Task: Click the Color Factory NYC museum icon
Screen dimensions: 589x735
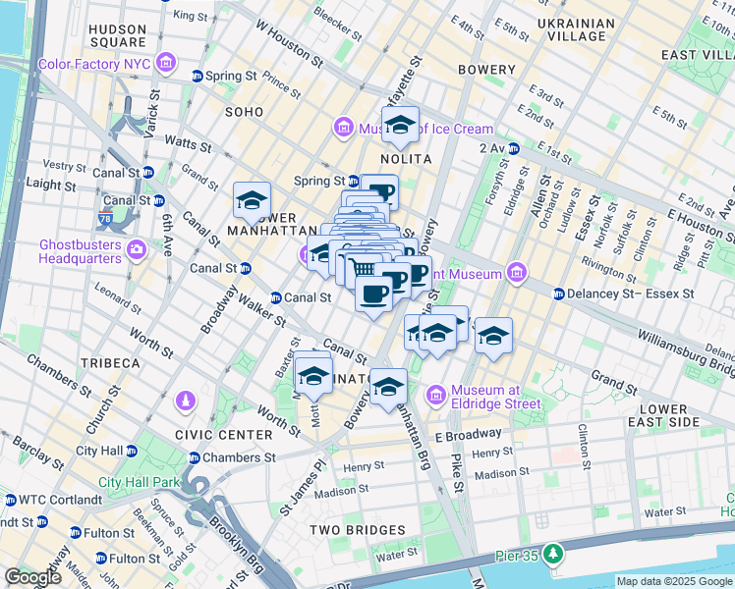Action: (167, 65)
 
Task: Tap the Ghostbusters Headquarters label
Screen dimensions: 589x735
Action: (81, 251)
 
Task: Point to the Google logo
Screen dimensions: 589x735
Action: (32, 577)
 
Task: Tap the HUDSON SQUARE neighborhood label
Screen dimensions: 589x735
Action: (117, 35)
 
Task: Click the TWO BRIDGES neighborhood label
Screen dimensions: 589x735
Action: (358, 530)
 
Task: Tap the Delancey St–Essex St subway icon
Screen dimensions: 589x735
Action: (559, 293)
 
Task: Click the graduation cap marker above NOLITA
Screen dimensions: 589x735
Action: (400, 126)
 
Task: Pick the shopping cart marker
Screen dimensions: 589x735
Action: (364, 268)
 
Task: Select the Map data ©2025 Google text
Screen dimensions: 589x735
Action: (673, 581)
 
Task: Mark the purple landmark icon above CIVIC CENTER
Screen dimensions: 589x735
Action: (185, 402)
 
